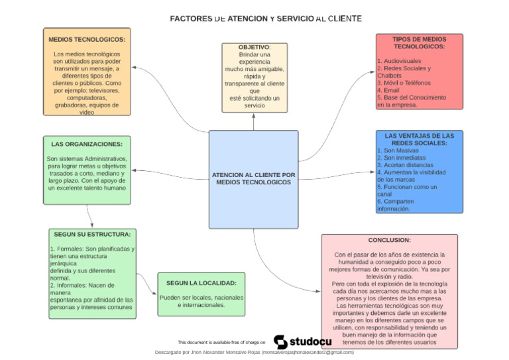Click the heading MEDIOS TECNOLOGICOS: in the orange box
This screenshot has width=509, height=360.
pos(87,39)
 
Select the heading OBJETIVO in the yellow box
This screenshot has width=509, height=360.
pos(254,48)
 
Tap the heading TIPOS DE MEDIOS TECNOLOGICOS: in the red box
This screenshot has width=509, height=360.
pos(419,43)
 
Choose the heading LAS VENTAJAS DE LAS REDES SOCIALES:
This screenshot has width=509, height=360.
pos(419,139)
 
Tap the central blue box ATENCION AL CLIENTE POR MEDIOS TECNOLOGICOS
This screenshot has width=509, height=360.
pos(254,178)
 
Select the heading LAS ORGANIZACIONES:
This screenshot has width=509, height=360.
pos(87,144)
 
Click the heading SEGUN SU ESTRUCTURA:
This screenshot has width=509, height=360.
pos(92,234)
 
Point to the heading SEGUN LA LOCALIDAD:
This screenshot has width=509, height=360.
pos(201,283)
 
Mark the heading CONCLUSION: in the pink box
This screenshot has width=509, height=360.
pos(390,240)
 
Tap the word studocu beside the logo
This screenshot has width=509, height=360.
pos(310,341)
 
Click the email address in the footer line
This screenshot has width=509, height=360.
pos(308,353)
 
